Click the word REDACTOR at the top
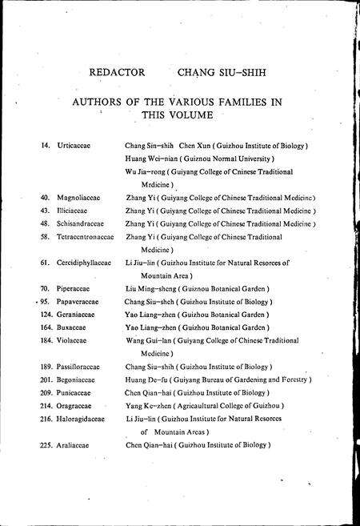(x=118, y=71)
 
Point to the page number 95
(x=46, y=301)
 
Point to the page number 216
(x=45, y=418)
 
